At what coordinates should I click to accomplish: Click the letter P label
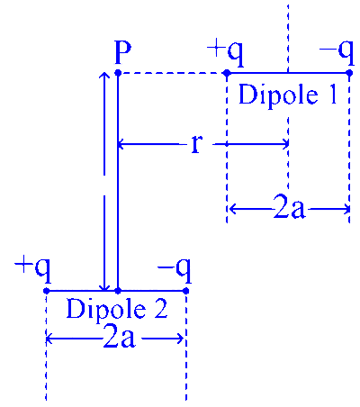(x=123, y=53)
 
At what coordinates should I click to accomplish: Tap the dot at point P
(x=118, y=73)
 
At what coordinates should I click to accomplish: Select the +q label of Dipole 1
(x=226, y=53)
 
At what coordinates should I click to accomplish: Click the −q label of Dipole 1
(x=337, y=53)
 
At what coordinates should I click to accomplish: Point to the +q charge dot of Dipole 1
(x=227, y=73)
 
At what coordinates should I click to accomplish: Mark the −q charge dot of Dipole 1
(x=349, y=73)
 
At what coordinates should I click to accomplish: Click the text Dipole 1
(x=288, y=95)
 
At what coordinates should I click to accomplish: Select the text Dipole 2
(x=117, y=309)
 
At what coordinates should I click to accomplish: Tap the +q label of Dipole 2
(x=33, y=270)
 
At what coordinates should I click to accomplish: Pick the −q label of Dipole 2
(x=175, y=270)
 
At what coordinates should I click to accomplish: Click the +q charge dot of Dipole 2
(x=46, y=291)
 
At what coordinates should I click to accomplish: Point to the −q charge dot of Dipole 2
(x=185, y=291)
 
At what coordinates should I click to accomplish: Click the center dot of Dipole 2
(x=118, y=291)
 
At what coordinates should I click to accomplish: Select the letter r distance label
(x=196, y=144)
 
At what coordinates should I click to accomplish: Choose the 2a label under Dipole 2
(x=119, y=339)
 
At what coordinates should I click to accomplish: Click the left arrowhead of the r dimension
(x=121, y=144)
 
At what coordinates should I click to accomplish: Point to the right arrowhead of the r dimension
(x=285, y=144)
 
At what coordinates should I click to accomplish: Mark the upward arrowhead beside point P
(x=104, y=76)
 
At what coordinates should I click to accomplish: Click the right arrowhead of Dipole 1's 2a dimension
(x=346, y=209)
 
